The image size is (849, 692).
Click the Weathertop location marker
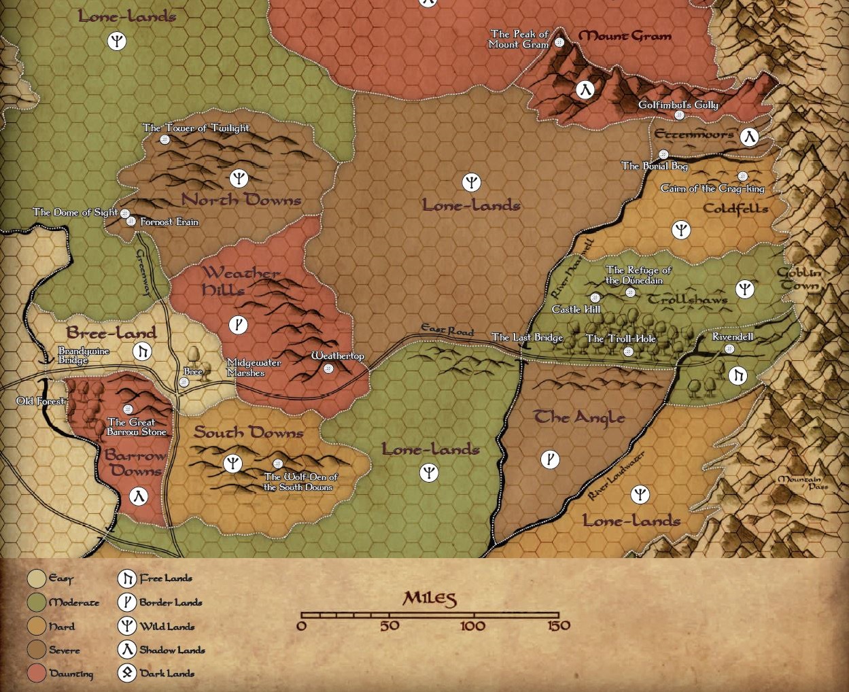(x=328, y=369)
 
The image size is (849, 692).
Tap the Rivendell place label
(x=732, y=337)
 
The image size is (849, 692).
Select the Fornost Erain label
(x=169, y=222)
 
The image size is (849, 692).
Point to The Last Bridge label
(x=527, y=338)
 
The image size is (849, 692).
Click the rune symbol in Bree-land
(x=142, y=351)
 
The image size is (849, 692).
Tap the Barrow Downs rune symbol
(x=139, y=496)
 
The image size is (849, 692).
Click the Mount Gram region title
(x=625, y=36)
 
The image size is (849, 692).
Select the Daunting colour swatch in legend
(x=37, y=674)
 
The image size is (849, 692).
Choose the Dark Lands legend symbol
(x=126, y=673)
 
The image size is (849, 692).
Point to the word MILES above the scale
(x=430, y=599)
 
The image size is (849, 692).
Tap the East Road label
(x=447, y=330)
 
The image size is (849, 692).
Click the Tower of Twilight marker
(x=164, y=139)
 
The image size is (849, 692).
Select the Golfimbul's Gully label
(x=678, y=105)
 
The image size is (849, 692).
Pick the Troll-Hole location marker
(x=628, y=351)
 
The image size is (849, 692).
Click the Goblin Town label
(x=799, y=279)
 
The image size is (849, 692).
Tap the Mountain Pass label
(x=802, y=483)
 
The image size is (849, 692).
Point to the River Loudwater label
(x=616, y=476)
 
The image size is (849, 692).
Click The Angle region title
(x=579, y=417)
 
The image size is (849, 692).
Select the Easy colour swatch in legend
(x=37, y=578)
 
